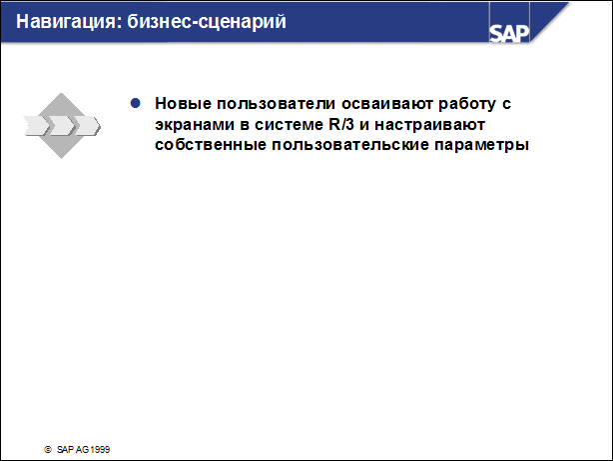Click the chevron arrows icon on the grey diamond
(x=62, y=126)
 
